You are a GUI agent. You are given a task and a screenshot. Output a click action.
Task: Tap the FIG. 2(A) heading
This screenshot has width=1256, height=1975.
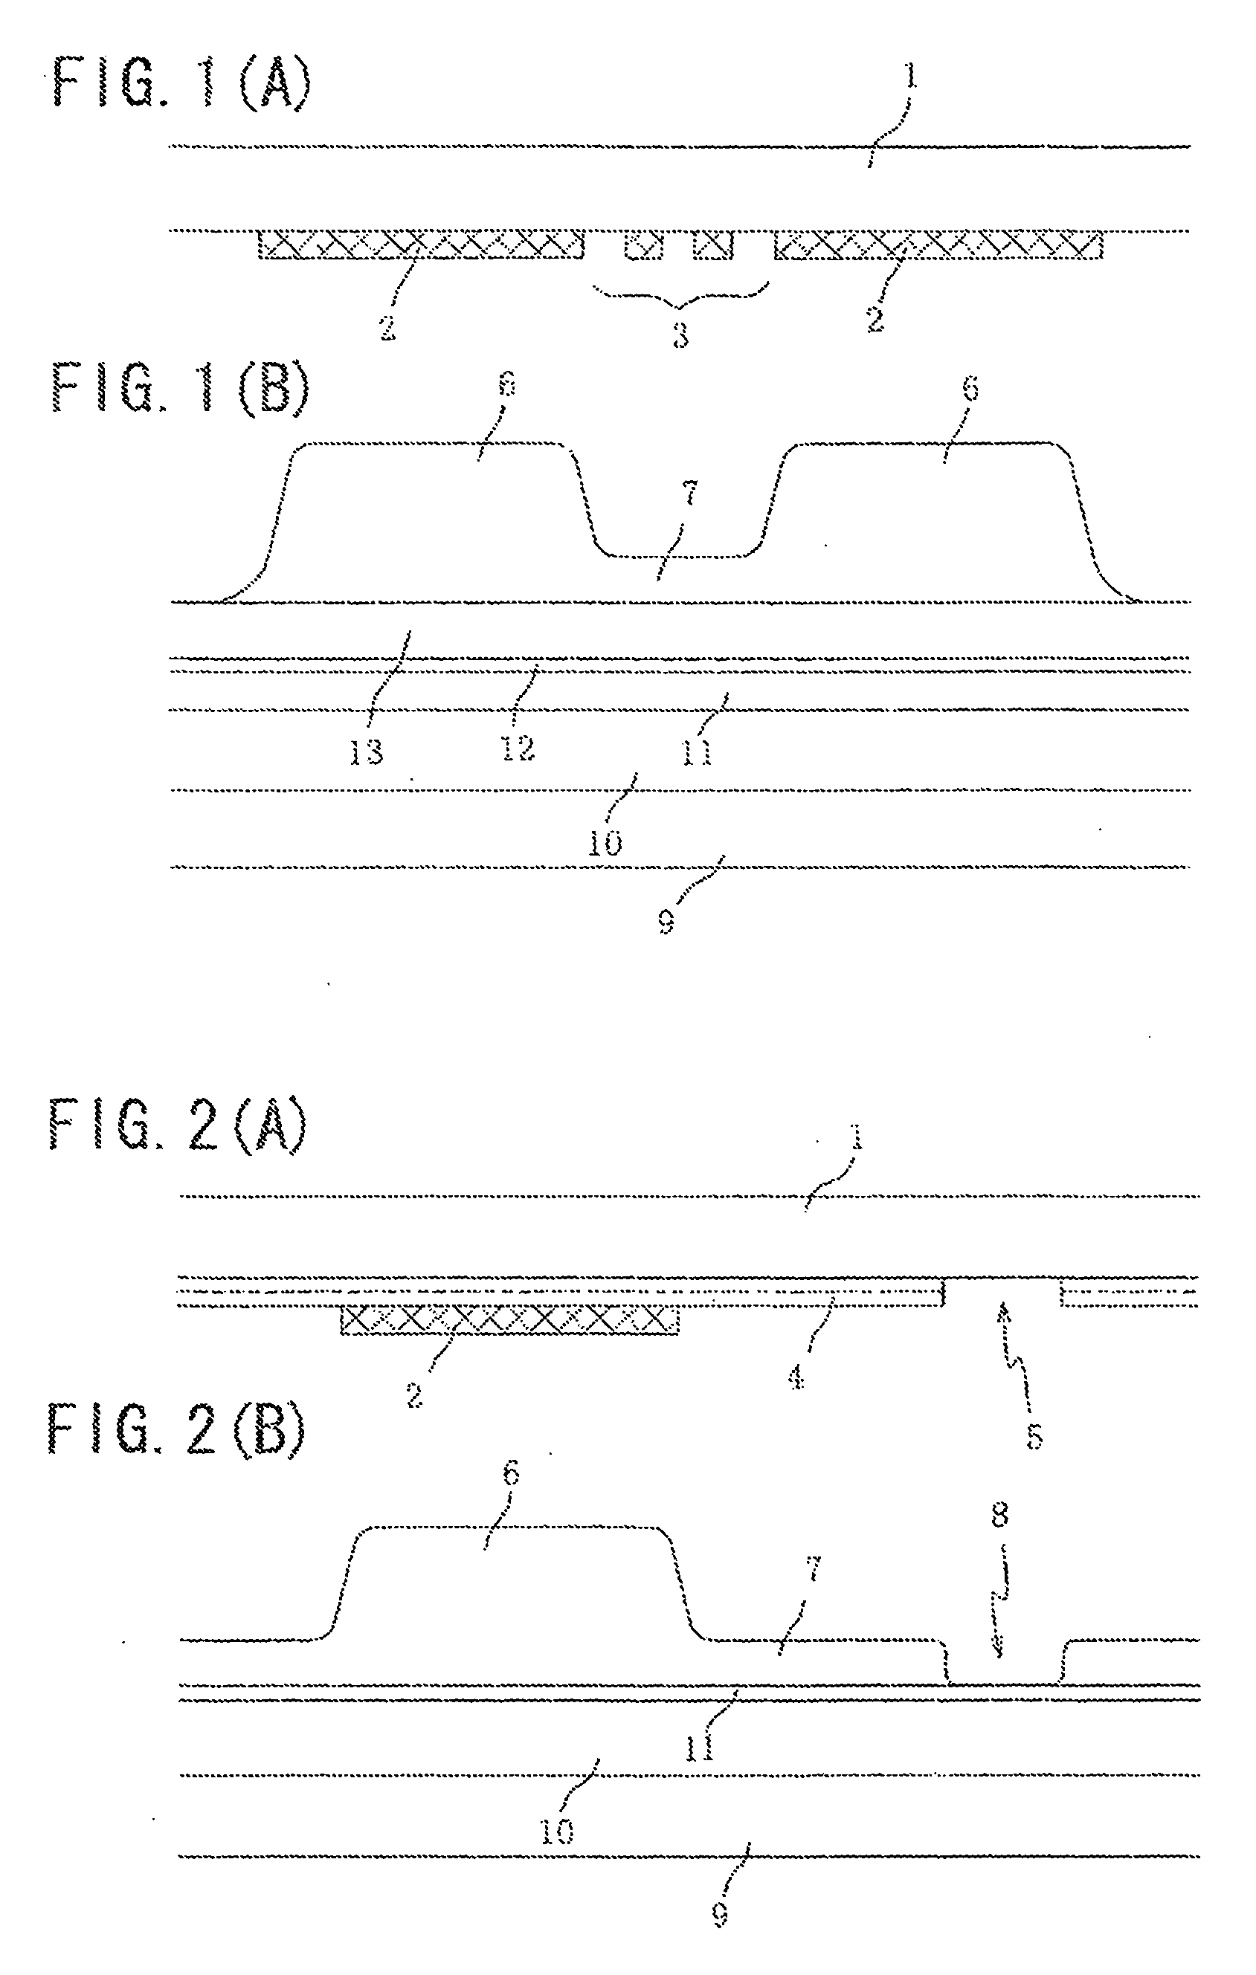[x=178, y=1128]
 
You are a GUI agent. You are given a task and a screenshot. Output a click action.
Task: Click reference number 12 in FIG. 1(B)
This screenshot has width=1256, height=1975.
[x=518, y=747]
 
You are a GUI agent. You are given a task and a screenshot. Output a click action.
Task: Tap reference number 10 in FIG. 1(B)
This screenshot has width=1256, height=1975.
[x=605, y=842]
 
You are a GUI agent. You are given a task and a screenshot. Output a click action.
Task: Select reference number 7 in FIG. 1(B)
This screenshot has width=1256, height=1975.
[x=689, y=494]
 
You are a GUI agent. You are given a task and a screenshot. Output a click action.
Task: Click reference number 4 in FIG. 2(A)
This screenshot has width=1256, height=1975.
[x=796, y=1378]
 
